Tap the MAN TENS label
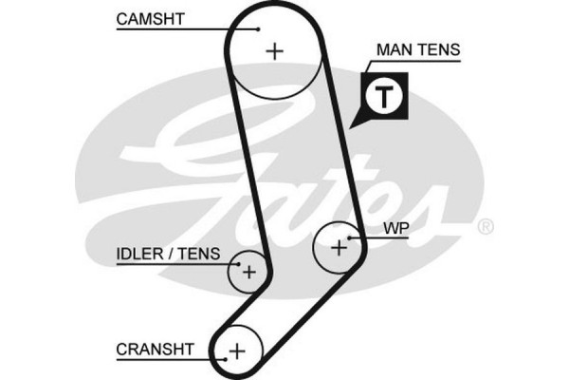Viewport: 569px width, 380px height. click(419, 48)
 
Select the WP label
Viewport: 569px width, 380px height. click(395, 229)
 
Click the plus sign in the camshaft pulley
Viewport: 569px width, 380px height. click(275, 50)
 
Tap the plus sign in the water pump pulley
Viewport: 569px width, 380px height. click(339, 248)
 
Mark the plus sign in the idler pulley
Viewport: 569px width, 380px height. click(248, 272)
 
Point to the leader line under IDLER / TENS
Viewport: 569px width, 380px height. click(175, 265)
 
